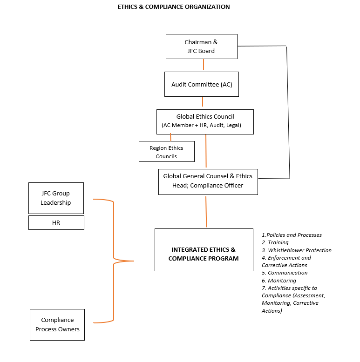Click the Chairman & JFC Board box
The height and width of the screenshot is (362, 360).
tap(202, 47)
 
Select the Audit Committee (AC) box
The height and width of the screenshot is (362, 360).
tap(202, 84)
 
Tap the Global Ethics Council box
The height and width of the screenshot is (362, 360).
tap(205, 122)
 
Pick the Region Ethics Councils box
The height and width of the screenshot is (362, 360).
tap(167, 151)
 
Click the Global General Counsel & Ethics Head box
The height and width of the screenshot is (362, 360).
tap(208, 182)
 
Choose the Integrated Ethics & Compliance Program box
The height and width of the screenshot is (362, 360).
tap(204, 250)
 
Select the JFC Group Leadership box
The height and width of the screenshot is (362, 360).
tap(56, 198)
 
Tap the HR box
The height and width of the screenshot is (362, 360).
tap(56, 222)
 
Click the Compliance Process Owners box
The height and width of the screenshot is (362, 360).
tap(57, 325)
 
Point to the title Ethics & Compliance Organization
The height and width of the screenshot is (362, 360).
tap(174, 7)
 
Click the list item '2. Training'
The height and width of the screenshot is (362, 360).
tap(275, 242)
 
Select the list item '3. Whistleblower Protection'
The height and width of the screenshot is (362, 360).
tap(297, 250)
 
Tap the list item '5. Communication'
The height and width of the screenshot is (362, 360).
tap(285, 273)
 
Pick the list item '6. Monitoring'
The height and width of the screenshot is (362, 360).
tap(278, 281)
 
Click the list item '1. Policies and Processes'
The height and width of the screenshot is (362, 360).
tap(292, 235)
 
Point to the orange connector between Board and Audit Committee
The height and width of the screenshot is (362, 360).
tap(204, 64)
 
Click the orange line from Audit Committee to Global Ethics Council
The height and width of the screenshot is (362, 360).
tap(203, 101)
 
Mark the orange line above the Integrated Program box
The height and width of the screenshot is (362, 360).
tap(206, 212)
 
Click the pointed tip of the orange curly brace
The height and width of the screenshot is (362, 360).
tap(134, 261)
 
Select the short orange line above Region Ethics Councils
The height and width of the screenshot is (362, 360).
tap(170, 137)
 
